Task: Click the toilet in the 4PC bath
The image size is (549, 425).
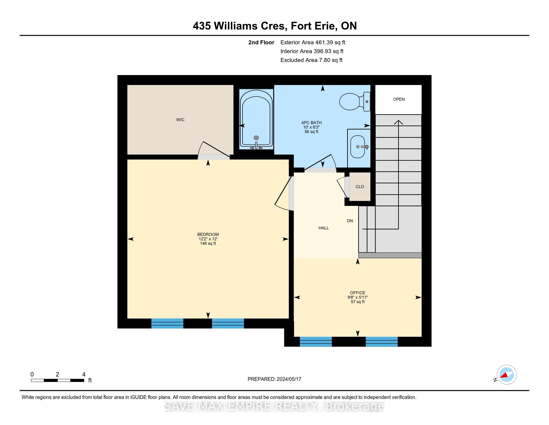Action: [x=354, y=101]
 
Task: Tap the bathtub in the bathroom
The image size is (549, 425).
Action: [x=256, y=119]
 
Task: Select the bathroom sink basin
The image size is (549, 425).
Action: [x=358, y=146]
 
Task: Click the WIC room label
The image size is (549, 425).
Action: [x=180, y=120]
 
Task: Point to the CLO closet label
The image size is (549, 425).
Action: [x=360, y=186]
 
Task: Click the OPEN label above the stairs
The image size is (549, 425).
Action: [x=399, y=99]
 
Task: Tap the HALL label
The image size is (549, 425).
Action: [x=323, y=228]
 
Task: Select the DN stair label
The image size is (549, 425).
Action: [x=350, y=221]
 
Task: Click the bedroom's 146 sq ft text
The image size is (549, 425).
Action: [x=208, y=243]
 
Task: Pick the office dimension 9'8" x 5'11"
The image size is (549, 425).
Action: [x=357, y=297]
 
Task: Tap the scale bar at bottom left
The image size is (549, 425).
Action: [x=58, y=380]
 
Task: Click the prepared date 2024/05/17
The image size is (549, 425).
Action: [x=288, y=379]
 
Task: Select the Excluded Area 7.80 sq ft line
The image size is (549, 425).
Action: [x=311, y=60]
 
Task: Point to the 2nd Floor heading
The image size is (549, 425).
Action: [x=261, y=42]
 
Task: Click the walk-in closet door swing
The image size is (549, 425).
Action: [x=213, y=150]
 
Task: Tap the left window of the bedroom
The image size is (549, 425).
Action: [x=167, y=323]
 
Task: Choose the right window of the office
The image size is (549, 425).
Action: [x=382, y=342]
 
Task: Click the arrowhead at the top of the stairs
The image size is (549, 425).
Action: [x=399, y=122]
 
